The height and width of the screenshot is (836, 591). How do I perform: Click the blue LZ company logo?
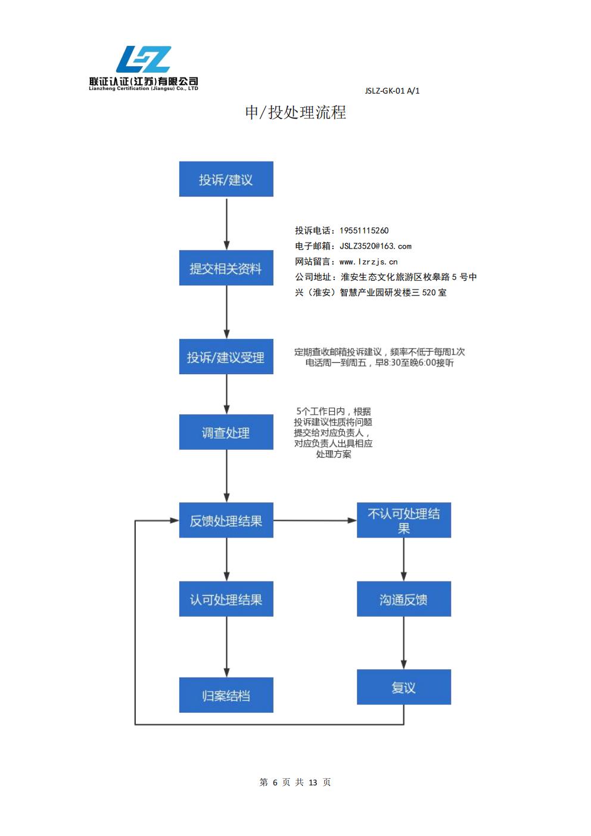pyautogui.click(x=144, y=60)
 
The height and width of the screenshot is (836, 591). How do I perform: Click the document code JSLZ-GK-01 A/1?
pyautogui.click(x=392, y=91)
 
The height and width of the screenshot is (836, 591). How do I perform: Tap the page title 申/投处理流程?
pyautogui.click(x=295, y=112)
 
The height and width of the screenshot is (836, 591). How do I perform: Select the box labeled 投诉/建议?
pyautogui.click(x=226, y=179)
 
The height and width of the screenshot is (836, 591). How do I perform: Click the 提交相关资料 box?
pyautogui.click(x=226, y=268)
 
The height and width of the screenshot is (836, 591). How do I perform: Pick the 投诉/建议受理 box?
pyautogui.click(x=226, y=357)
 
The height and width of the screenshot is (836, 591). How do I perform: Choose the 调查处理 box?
pyautogui.click(x=226, y=432)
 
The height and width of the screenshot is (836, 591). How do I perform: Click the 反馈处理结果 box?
pyautogui.click(x=226, y=520)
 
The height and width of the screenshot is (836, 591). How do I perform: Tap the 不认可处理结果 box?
pyautogui.click(x=404, y=520)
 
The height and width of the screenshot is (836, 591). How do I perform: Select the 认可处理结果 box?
pyautogui.click(x=226, y=599)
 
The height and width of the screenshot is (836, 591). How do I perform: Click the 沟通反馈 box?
pyautogui.click(x=404, y=599)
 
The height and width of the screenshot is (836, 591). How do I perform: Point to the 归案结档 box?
pyautogui.click(x=226, y=695)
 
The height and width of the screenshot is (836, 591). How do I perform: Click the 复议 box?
pyautogui.click(x=404, y=687)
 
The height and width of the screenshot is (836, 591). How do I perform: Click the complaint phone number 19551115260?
pyautogui.click(x=364, y=231)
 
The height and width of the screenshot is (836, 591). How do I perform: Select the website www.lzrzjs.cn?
pyautogui.click(x=368, y=262)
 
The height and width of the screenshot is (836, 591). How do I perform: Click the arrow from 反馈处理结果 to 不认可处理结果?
pyautogui.click(x=315, y=520)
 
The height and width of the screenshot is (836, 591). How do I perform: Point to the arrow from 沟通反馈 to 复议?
pyautogui.click(x=404, y=643)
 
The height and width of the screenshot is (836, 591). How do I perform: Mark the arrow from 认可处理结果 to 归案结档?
pyautogui.click(x=226, y=647)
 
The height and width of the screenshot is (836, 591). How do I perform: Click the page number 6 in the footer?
pyautogui.click(x=275, y=782)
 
